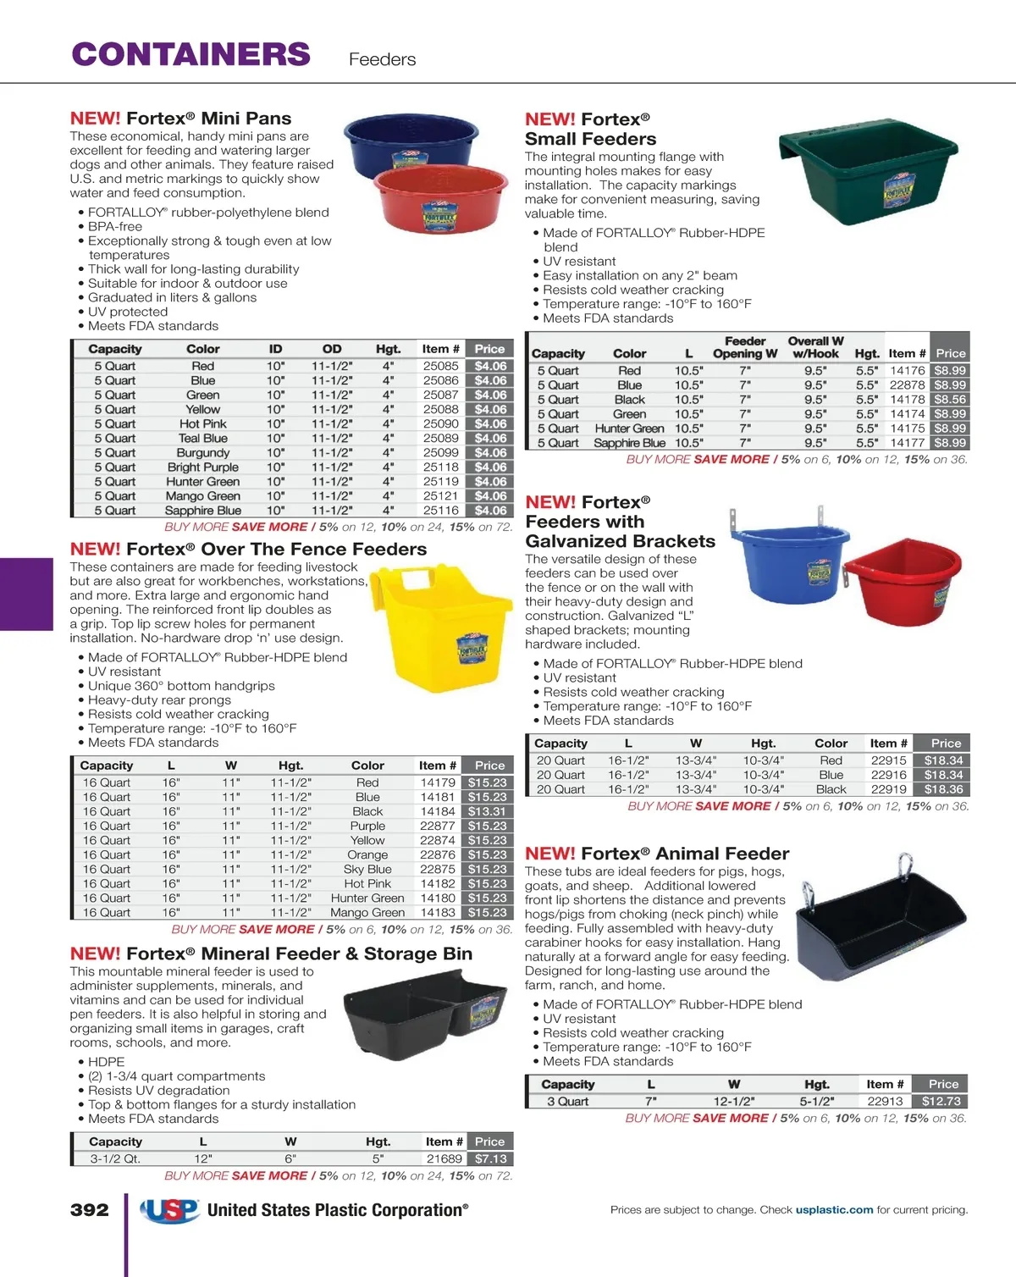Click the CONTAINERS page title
point(191,54)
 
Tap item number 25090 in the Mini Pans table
point(440,423)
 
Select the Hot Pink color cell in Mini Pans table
point(203,423)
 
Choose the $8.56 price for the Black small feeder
point(950,400)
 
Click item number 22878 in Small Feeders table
point(908,385)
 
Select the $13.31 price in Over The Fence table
point(487,811)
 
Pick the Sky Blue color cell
point(367,869)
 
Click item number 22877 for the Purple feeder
point(438,826)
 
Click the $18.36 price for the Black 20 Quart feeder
point(943,789)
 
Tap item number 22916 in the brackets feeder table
point(889,775)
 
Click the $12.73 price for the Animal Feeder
point(941,1102)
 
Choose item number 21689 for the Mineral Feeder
point(444,1158)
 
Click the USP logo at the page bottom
point(170,1211)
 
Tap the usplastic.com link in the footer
point(834,1210)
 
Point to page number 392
point(90,1210)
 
